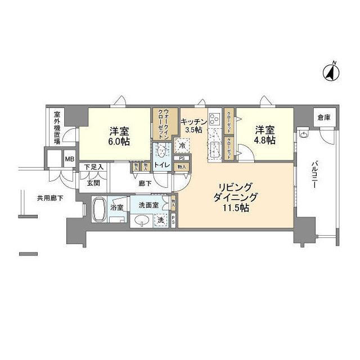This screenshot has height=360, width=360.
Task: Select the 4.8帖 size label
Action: [x=263, y=140]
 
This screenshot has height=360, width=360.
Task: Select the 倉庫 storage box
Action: [x=323, y=117]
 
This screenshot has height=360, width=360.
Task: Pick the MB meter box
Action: [x=70, y=159]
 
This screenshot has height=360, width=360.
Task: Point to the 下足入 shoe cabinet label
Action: [x=94, y=166]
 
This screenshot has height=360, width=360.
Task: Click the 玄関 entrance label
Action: [x=93, y=182]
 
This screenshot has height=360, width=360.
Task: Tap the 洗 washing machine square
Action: [x=161, y=220]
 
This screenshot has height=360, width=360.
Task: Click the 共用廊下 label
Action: [x=49, y=197]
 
